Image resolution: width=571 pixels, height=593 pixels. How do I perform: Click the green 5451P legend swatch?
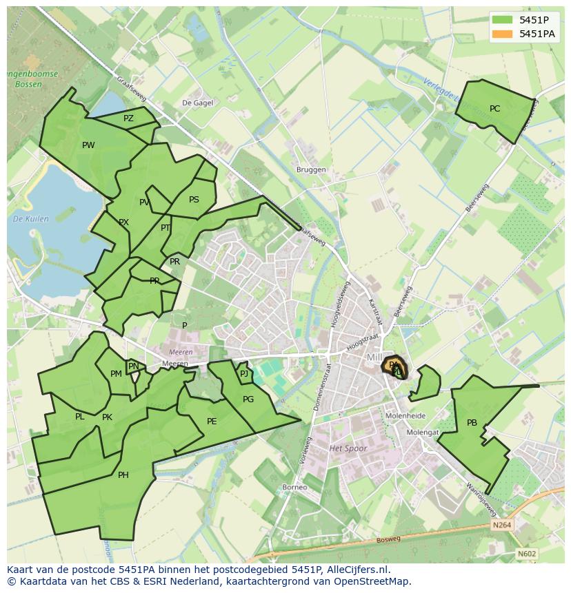point(502,20)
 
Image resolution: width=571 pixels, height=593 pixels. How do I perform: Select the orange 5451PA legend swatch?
point(502,33)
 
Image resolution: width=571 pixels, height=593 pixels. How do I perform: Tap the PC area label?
point(494,109)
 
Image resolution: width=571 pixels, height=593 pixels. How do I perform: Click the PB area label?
point(472,423)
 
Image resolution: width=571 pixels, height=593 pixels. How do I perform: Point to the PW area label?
point(88,145)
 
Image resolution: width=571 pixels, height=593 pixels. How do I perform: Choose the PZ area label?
point(128,118)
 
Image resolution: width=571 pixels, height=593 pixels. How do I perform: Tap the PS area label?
point(194,200)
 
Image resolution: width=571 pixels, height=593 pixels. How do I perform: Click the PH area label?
point(123,475)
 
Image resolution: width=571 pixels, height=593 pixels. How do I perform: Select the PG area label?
point(248,399)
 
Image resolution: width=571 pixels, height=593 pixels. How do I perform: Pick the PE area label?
point(212,422)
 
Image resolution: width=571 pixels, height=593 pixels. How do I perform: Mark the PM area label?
point(116,374)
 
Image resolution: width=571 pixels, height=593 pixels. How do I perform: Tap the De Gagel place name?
point(197,103)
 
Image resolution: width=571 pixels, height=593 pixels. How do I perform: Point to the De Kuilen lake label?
point(30,219)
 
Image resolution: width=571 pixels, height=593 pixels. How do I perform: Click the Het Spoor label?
point(348,448)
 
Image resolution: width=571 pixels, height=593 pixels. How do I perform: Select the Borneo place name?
point(294,488)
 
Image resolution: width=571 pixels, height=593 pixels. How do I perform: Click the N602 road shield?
point(527,554)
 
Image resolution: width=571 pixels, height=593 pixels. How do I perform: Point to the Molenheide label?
point(405,416)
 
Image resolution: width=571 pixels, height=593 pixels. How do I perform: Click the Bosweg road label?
point(388,541)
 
